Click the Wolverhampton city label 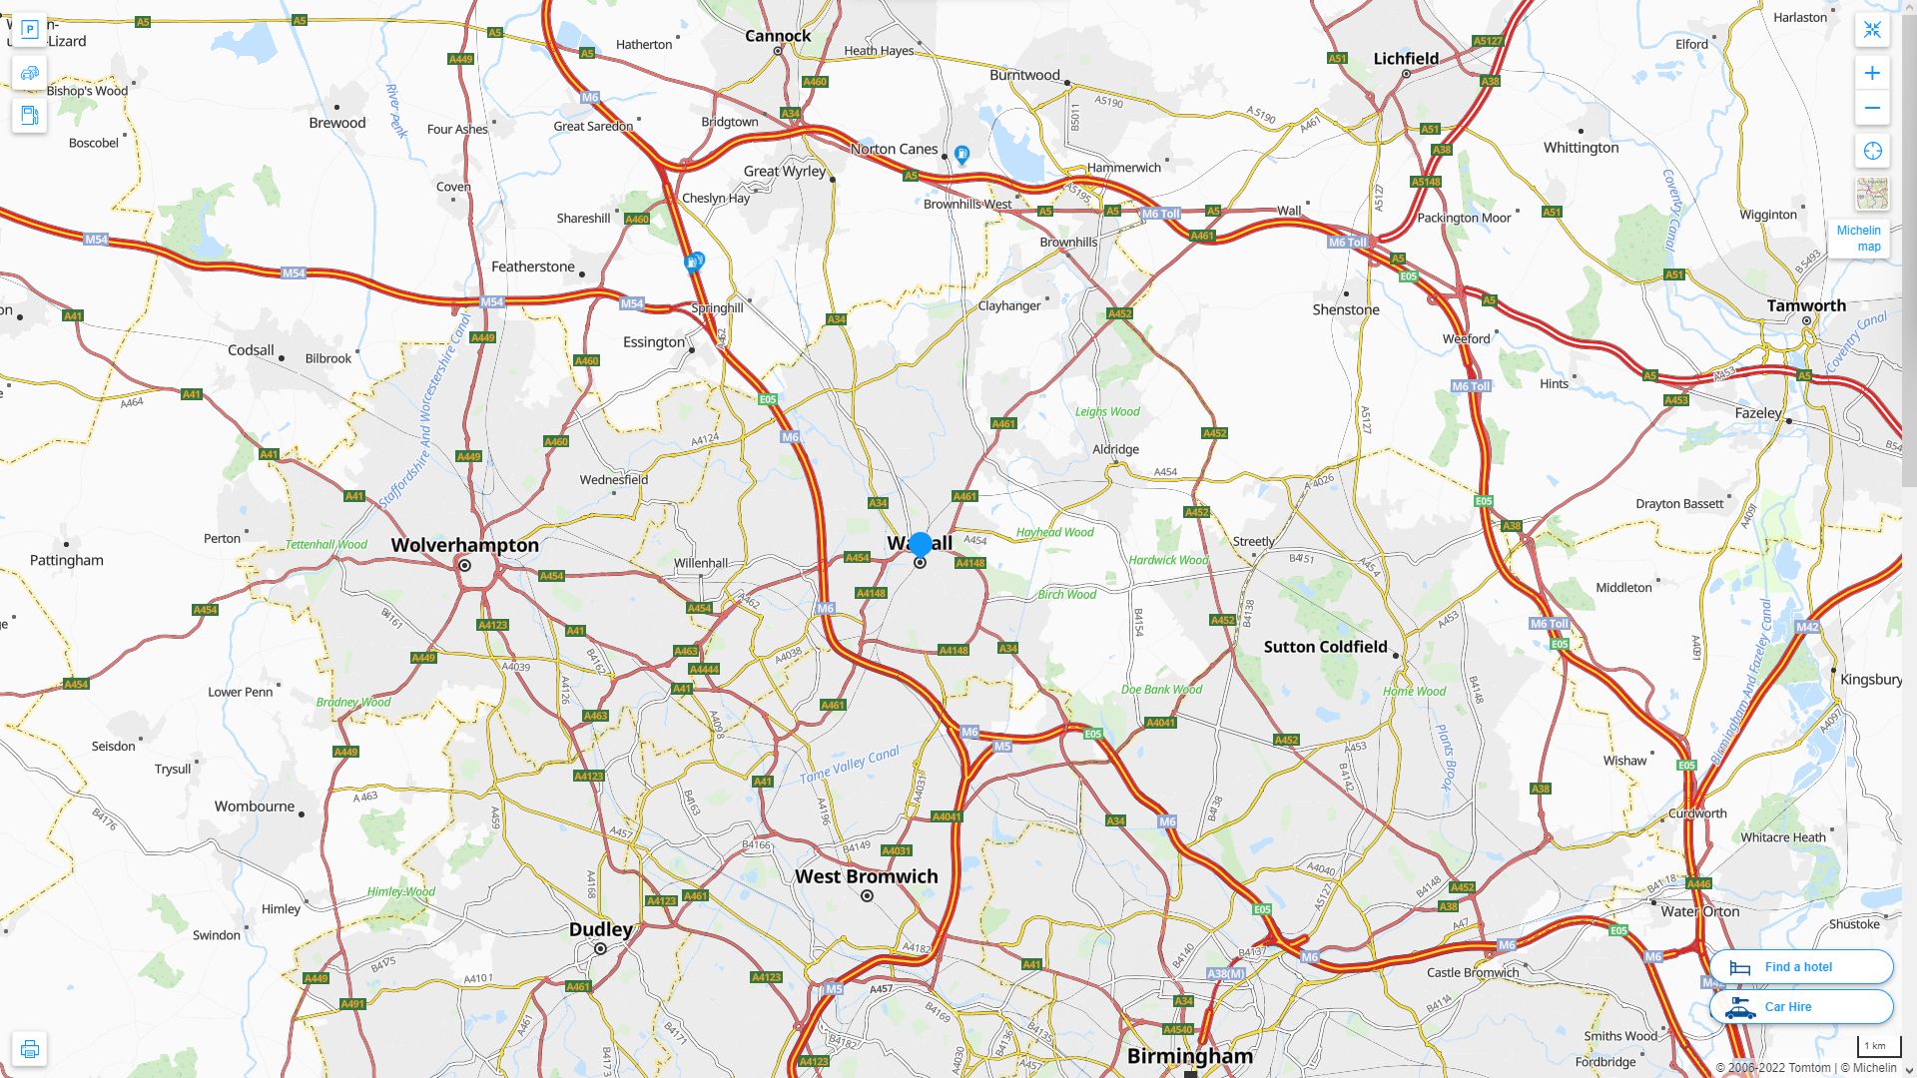(x=464, y=545)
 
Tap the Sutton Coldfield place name (x=1325, y=647)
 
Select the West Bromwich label (x=866, y=876)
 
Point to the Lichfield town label (x=1406, y=59)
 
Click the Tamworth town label (x=1806, y=305)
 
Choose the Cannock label (x=778, y=36)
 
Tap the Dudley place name (x=600, y=929)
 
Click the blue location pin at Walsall (x=921, y=545)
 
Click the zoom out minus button (x=1872, y=108)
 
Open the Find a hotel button (x=1800, y=966)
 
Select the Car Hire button (x=1800, y=1006)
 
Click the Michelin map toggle (x=1858, y=238)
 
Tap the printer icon (x=29, y=1049)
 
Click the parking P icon (x=29, y=30)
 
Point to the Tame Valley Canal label (x=849, y=765)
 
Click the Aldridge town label (x=1115, y=449)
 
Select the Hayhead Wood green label (x=1054, y=532)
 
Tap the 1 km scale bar (x=1874, y=1046)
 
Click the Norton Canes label (x=894, y=149)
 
